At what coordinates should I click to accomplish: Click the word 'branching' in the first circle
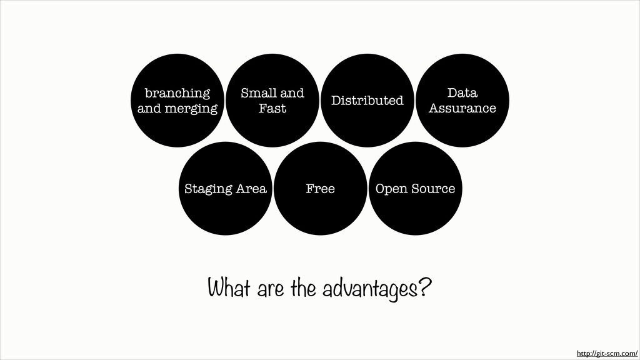177,93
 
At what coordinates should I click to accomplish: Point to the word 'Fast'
272,109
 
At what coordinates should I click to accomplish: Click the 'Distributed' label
367,101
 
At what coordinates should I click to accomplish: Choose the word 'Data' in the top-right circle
462,93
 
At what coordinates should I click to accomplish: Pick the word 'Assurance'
462,109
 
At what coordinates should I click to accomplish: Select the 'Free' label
320,188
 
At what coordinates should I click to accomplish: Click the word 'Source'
433,188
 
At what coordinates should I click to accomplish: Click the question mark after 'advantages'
424,289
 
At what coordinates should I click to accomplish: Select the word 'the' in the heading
303,290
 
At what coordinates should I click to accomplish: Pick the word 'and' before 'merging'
149,109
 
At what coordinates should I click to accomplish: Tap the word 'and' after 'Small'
291,93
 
